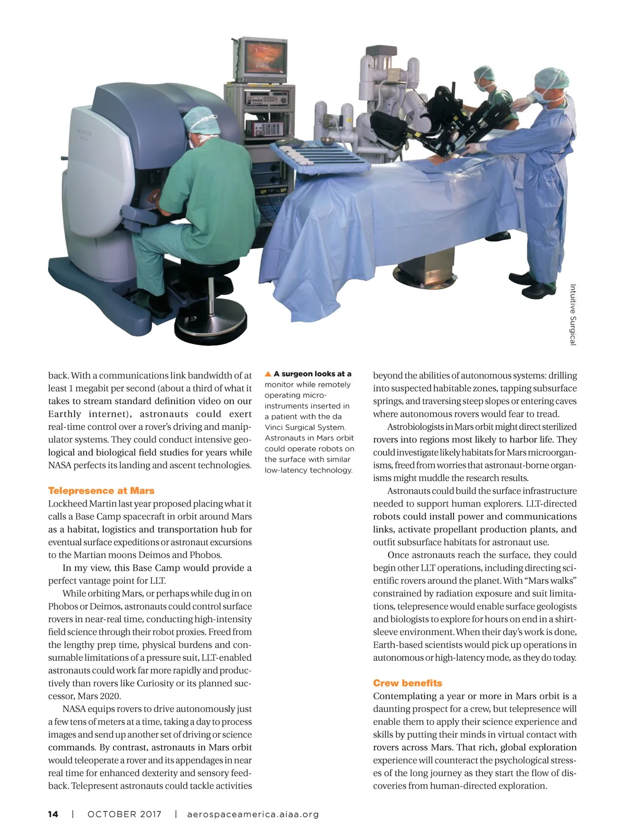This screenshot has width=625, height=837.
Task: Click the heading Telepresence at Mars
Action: pyautogui.click(x=101, y=490)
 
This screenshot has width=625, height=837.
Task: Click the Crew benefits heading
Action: pyautogui.click(x=407, y=683)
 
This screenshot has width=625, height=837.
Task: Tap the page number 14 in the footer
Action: pyautogui.click(x=53, y=814)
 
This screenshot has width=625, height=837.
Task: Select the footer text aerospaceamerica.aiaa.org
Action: pyautogui.click(x=253, y=814)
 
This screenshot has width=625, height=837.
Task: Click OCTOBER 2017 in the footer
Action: pyautogui.click(x=124, y=814)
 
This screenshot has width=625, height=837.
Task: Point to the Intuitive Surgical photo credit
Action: pyautogui.click(x=572, y=314)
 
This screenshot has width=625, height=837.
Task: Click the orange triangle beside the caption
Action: pyautogui.click(x=268, y=374)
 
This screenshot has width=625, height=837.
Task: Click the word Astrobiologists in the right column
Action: pyautogui.click(x=415, y=427)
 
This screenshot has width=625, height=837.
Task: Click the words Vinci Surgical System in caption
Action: pyautogui.click(x=305, y=427)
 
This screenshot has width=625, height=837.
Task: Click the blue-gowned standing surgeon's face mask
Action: pyautogui.click(x=543, y=95)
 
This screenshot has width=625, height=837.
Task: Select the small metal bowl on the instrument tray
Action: pyautogui.click(x=327, y=141)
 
